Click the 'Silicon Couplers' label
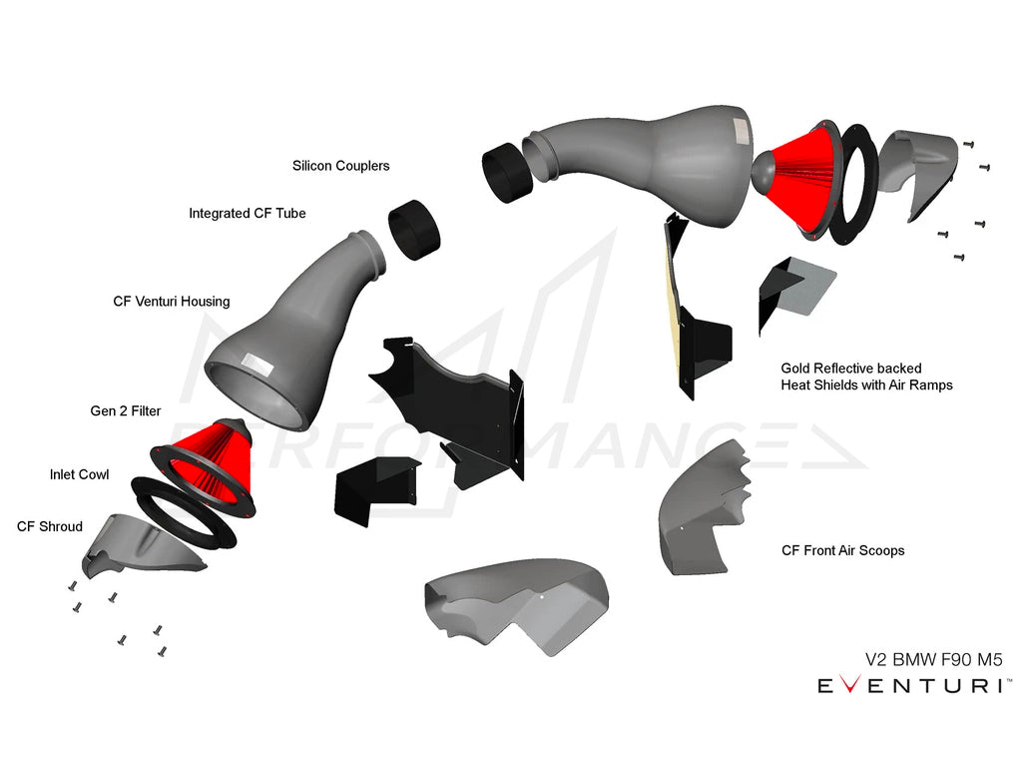click(340, 166)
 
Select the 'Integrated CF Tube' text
click(247, 214)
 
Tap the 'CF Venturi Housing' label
click(171, 302)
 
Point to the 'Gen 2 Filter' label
click(125, 410)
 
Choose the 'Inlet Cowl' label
click(79, 474)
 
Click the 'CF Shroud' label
click(50, 526)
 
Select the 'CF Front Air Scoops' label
click(842, 550)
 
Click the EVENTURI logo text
click(912, 686)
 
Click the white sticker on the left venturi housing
click(257, 362)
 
